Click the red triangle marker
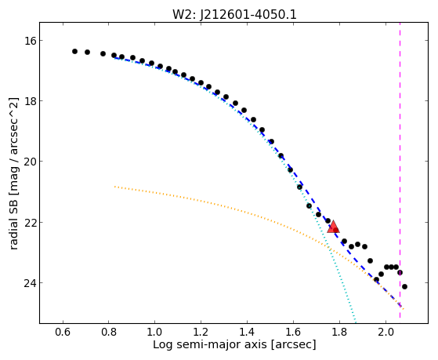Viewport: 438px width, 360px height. (x=333, y=227)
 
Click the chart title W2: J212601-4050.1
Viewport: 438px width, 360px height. (x=234, y=14)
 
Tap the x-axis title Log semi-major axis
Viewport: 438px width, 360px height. (x=210, y=344)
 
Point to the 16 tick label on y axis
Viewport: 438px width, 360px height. (x=30, y=41)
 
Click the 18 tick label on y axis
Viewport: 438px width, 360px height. (x=30, y=101)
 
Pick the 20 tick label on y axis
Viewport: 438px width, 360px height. (x=30, y=162)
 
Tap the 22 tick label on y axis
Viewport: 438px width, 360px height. (x=30, y=223)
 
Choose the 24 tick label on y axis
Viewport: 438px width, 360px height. (x=30, y=283)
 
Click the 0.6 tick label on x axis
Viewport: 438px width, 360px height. (x=63, y=332)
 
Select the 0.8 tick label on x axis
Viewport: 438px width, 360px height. (x=109, y=332)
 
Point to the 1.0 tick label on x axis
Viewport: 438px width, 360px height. (x=155, y=332)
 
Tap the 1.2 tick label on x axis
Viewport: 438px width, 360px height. (x=201, y=332)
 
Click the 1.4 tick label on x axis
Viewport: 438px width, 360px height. (x=247, y=332)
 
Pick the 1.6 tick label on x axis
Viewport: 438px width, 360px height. (x=293, y=332)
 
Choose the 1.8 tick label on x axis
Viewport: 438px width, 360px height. (x=339, y=332)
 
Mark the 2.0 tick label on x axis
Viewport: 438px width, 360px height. (x=386, y=332)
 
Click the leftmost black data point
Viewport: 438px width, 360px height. (x=74, y=51)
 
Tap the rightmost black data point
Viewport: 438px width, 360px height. (x=404, y=286)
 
